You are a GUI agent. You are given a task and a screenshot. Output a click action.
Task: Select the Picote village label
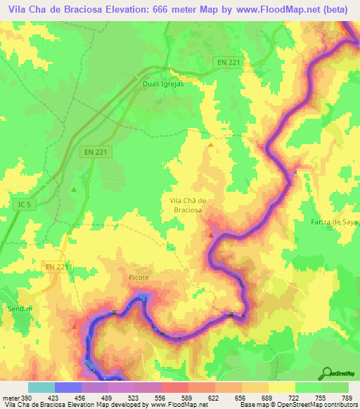pyautogui.click(x=139, y=278)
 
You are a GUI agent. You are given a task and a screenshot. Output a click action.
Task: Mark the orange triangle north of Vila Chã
pyautogui.click(x=210, y=145)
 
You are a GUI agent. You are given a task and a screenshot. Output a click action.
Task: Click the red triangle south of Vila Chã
pyautogui.click(x=210, y=235)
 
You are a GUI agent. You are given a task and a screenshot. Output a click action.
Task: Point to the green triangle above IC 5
pyautogui.click(x=74, y=189)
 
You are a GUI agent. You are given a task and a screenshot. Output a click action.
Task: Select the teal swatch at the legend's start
pyautogui.click(x=41, y=387)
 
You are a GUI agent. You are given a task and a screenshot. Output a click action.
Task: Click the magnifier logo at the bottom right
pyautogui.click(x=327, y=372)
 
